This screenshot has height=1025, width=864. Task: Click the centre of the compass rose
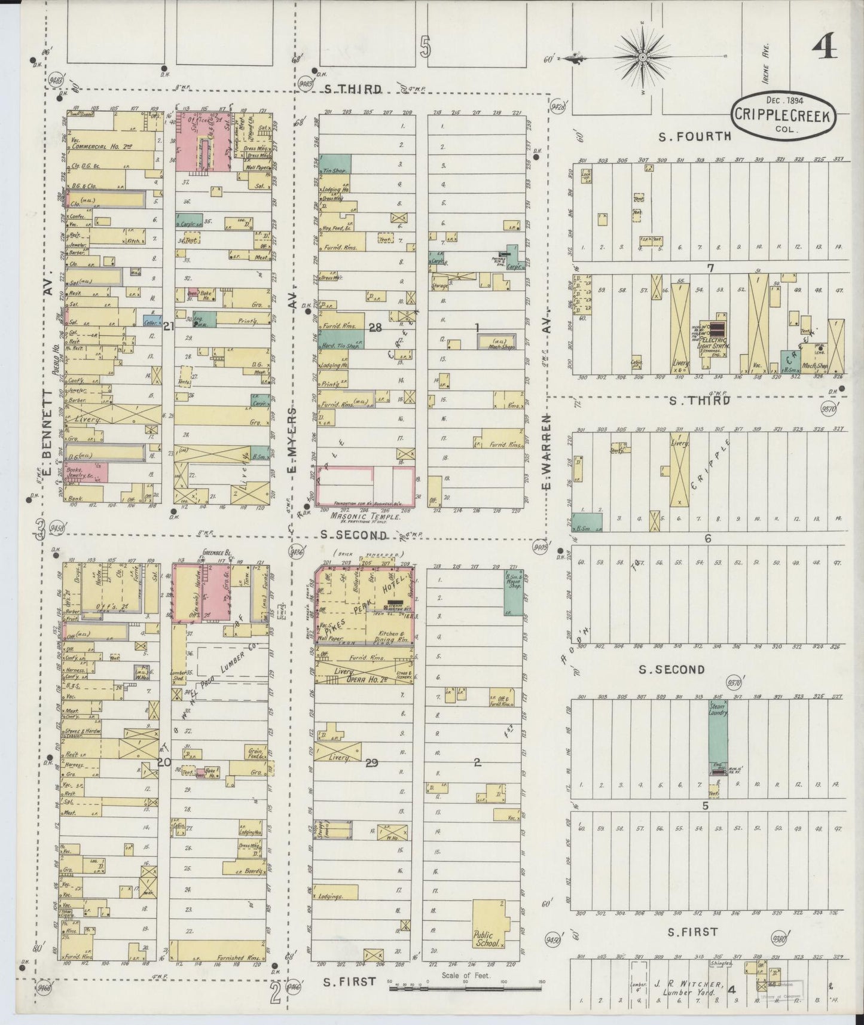tap(642, 57)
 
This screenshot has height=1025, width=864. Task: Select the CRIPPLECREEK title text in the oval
tap(783, 115)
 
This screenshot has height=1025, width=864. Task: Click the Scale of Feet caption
tap(466, 975)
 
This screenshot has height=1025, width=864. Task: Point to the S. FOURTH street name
tap(694, 136)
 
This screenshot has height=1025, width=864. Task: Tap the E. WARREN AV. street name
tap(547, 454)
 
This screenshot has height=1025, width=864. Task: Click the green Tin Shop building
tap(335, 166)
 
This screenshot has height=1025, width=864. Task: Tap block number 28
tap(375, 328)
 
